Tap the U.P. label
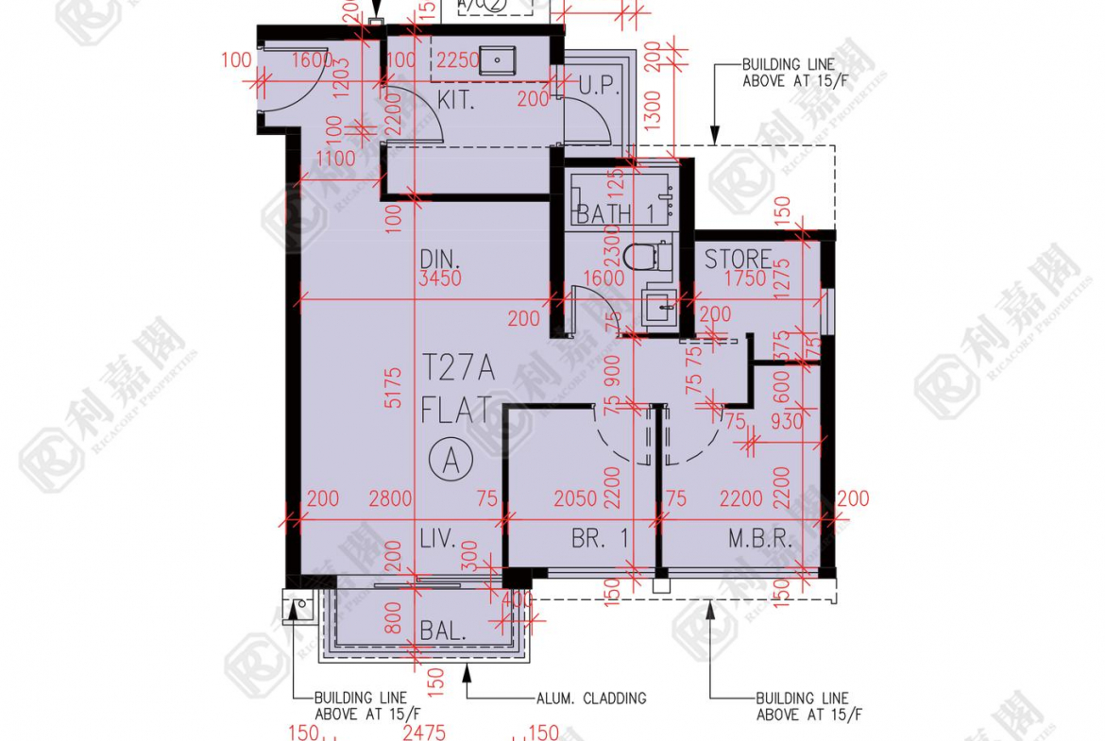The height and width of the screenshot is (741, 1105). pos(598,86)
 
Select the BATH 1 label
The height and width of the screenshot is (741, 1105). pos(615,214)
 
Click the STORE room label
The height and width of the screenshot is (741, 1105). pos(738,259)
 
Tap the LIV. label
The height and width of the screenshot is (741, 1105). pos(438,540)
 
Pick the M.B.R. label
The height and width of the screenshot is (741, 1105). pos(758,540)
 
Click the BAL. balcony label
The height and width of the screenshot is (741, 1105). pos(443,631)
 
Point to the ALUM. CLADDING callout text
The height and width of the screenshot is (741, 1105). pos(590,699)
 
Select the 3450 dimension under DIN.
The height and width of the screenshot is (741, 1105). pos(442,279)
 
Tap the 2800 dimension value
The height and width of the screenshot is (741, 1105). pos(390,498)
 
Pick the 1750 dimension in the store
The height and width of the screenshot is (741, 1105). pos(744,279)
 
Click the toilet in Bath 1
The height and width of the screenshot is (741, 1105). pos(650,255)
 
